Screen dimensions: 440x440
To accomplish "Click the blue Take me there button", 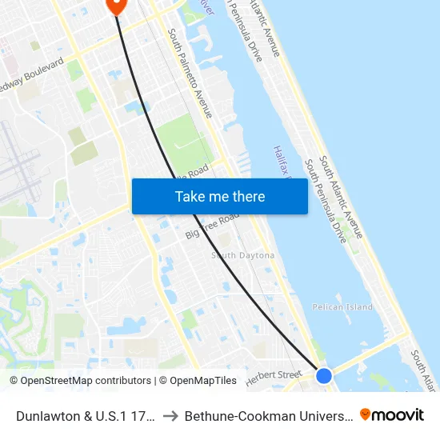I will click(x=220, y=196).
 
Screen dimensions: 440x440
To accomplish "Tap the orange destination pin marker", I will click(x=116, y=4).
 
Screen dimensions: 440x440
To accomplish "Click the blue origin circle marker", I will click(x=324, y=375).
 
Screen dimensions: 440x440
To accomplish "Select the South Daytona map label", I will click(x=242, y=256).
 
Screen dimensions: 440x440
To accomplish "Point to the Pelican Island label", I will click(x=342, y=307).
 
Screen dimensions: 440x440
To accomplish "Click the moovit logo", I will click(x=392, y=414).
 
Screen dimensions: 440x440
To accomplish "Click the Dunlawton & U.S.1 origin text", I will click(x=84, y=415).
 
